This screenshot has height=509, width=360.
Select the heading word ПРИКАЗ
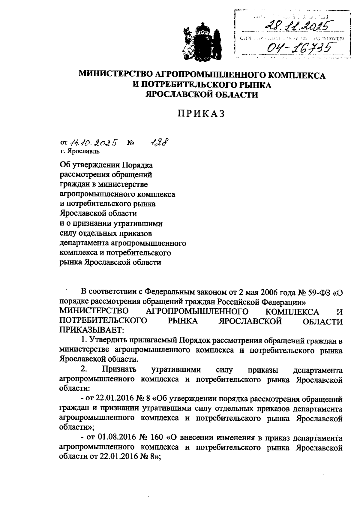pos(202,114)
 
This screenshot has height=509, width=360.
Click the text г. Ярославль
pos(79,151)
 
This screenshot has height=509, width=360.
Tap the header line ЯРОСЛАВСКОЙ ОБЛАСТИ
pos(202,95)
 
